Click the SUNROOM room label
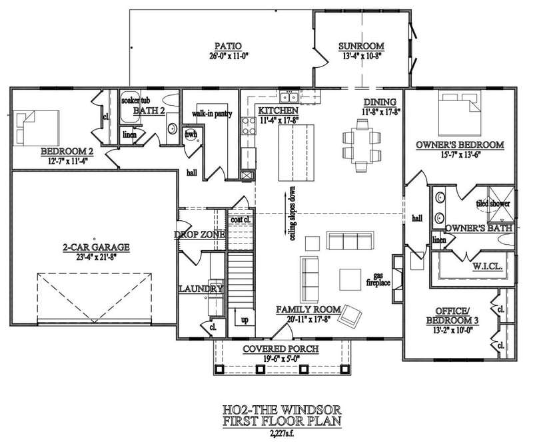pos(361,46)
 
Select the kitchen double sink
pos(289,97)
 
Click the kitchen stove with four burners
pos(249,126)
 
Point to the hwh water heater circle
pos(192,134)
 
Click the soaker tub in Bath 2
pos(131,107)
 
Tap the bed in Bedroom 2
pos(36,128)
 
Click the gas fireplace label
pos(378,279)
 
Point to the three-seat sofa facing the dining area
pos(350,241)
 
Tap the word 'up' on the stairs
pos(245,320)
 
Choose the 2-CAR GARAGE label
pos(96,247)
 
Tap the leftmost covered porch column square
pos(219,369)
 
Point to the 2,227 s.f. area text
pos(282,433)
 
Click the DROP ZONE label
pos(199,235)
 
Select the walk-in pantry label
pos(212,114)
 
